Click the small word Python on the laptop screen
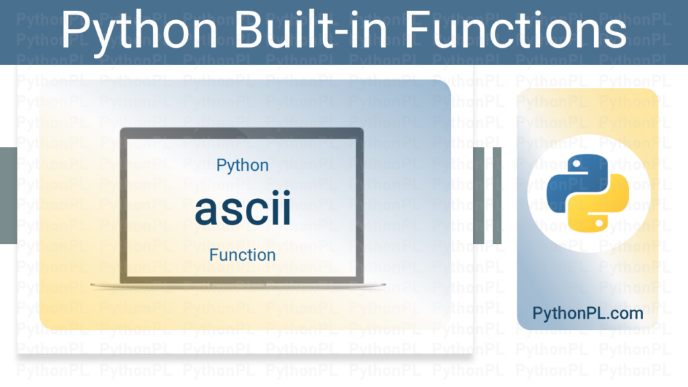pyautogui.click(x=243, y=165)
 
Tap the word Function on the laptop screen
pyautogui.click(x=243, y=255)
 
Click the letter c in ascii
pyautogui.click(x=252, y=212)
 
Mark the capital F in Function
pyautogui.click(x=214, y=255)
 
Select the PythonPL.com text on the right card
pyautogui.click(x=587, y=313)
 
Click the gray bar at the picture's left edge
pyautogui.click(x=7, y=195)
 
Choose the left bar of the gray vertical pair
pyautogui.click(x=480, y=195)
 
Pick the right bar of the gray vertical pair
pyautogui.click(x=497, y=195)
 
